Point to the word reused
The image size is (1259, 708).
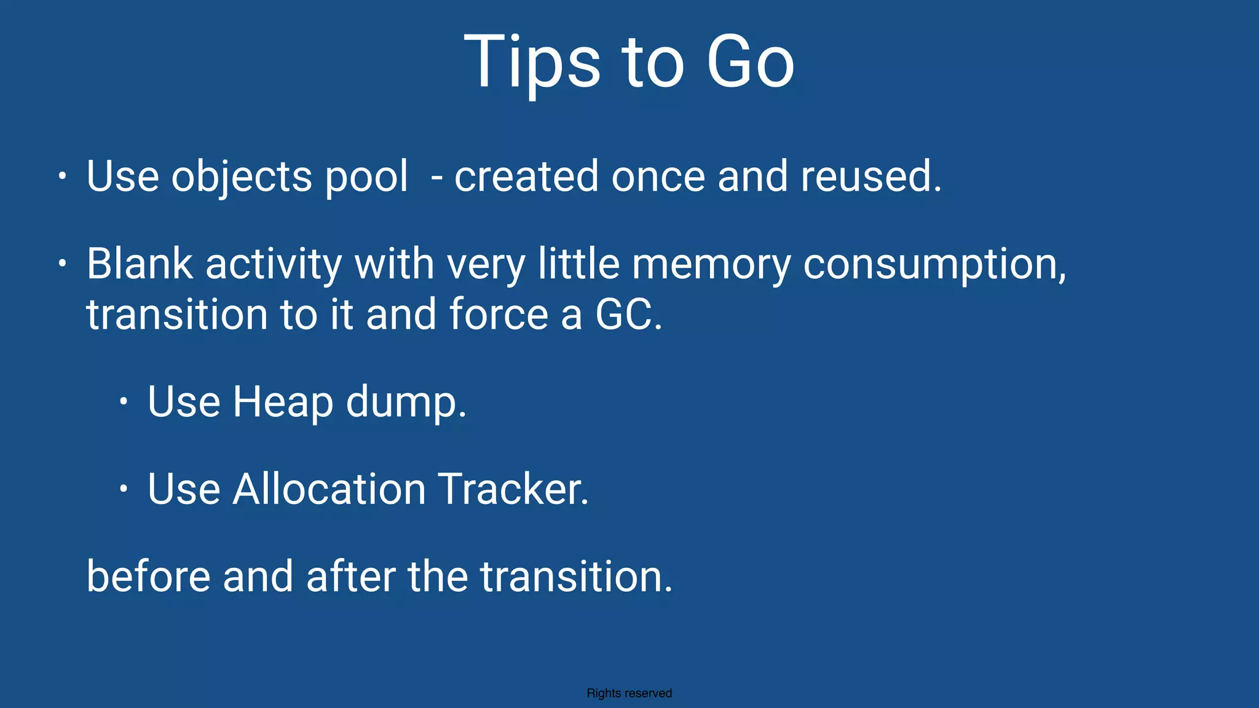[x=870, y=177]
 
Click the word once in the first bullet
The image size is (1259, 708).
[x=658, y=177]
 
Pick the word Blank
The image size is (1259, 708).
[x=140, y=264]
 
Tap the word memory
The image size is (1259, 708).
[x=711, y=264]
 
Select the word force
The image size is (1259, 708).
[x=499, y=315]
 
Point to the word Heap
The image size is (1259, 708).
[x=283, y=402]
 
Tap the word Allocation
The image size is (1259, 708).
[x=329, y=489]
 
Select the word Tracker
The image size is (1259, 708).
[x=513, y=489]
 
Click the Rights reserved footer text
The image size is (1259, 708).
[x=629, y=693]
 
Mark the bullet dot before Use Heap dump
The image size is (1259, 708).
[x=124, y=402]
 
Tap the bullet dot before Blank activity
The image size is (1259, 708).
[x=62, y=264]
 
